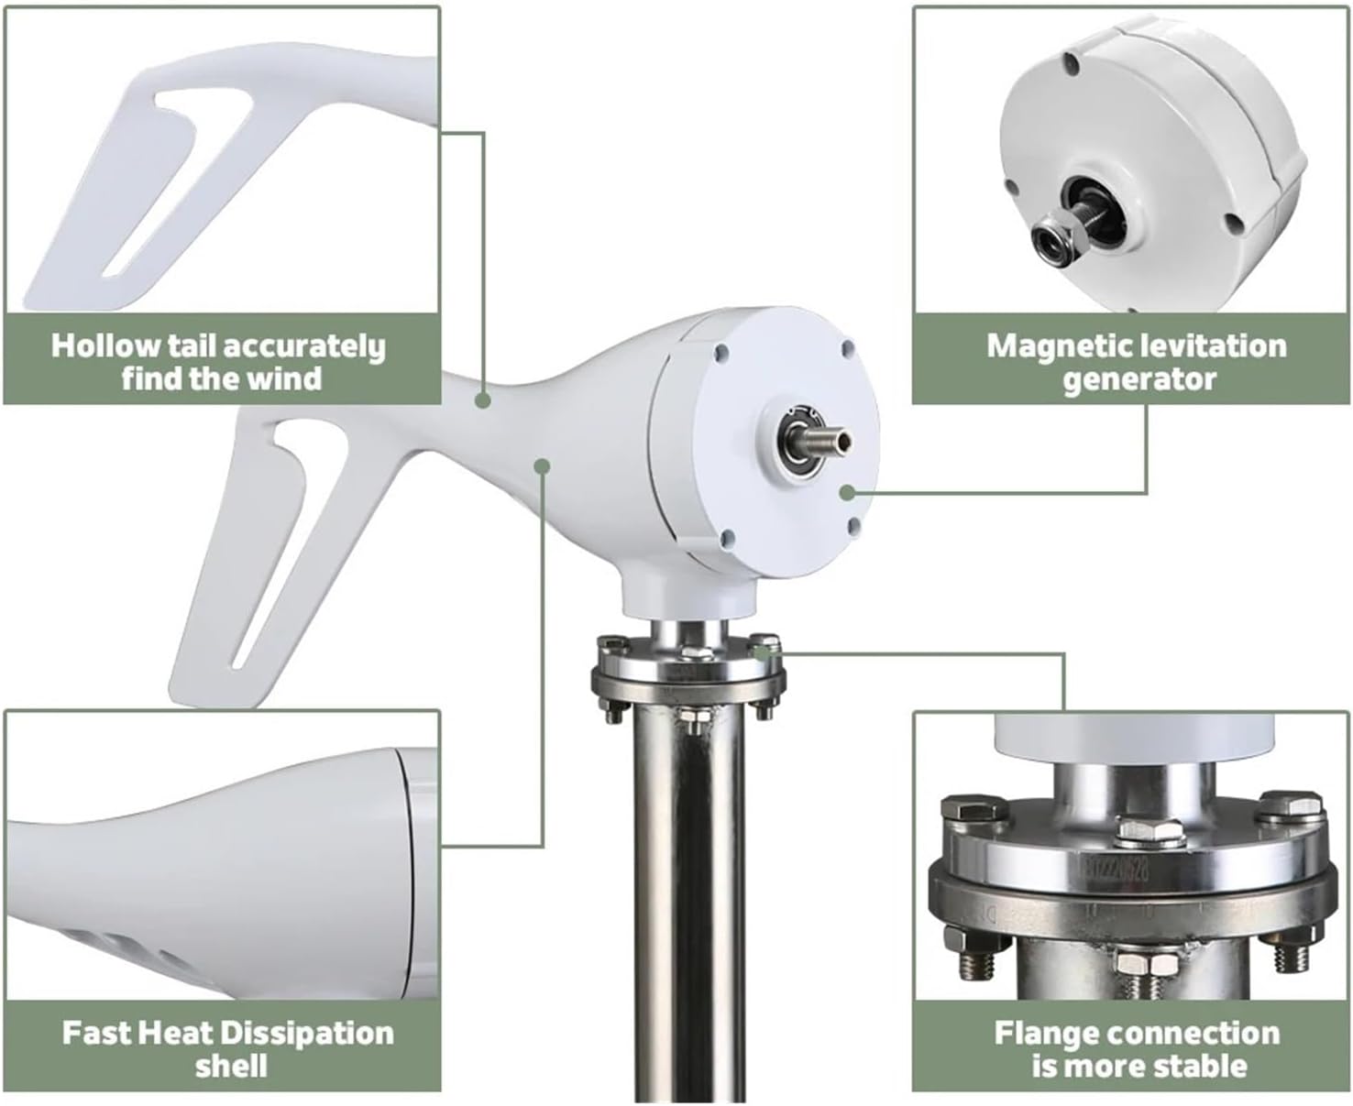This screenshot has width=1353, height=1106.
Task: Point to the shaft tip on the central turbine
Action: click(x=841, y=439)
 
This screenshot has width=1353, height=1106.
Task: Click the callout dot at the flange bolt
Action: click(x=761, y=652)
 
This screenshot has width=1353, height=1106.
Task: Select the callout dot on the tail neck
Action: click(x=482, y=400)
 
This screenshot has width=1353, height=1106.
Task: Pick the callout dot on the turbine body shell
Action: click(x=543, y=465)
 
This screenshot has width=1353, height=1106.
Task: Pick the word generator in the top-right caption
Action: click(x=1138, y=379)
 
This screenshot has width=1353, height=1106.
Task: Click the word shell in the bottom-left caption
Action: click(x=231, y=1067)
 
